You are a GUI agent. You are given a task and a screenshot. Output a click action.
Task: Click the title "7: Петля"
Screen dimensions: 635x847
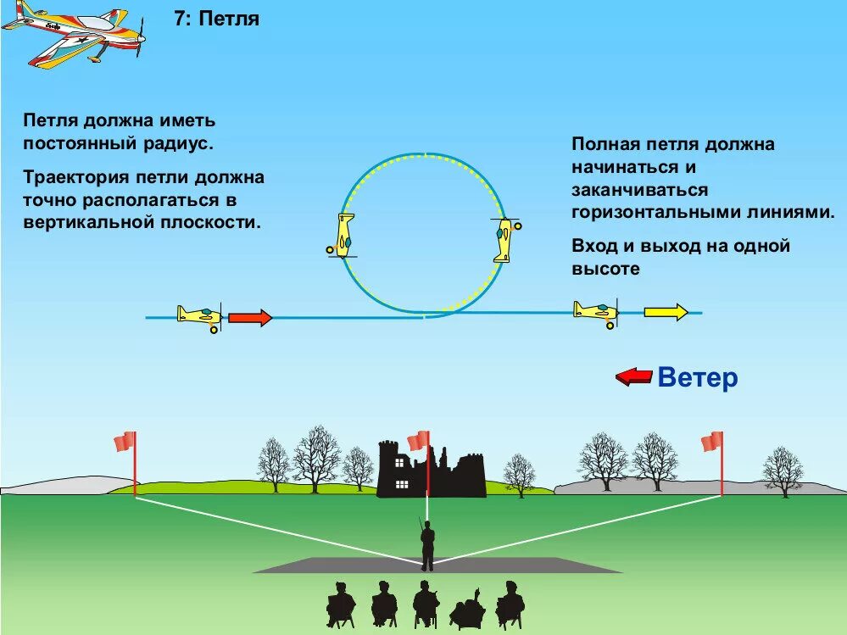click(216, 19)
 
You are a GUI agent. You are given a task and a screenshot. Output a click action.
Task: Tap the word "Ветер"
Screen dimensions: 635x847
click(698, 377)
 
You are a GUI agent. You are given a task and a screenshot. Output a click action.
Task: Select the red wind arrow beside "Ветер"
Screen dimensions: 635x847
click(633, 376)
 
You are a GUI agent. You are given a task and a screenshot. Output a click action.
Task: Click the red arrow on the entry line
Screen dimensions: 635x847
click(250, 318)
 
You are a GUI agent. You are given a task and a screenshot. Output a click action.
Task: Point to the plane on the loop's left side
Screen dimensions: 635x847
click(343, 236)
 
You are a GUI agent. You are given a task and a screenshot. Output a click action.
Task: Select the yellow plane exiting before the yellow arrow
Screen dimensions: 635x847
click(596, 311)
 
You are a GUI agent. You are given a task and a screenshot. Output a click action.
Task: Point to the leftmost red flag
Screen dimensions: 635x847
click(125, 442)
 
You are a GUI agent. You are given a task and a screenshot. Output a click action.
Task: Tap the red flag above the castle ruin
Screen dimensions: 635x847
click(418, 441)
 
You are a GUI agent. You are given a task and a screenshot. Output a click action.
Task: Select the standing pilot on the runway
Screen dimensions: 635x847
click(428, 545)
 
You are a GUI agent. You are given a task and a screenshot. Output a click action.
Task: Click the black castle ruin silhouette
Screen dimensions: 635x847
click(431, 471)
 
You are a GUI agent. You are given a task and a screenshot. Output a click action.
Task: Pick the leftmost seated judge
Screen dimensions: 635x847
click(341, 604)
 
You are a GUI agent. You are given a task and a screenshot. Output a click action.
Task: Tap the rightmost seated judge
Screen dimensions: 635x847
click(509, 604)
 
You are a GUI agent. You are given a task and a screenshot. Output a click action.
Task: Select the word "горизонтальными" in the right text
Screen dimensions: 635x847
click(644, 213)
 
